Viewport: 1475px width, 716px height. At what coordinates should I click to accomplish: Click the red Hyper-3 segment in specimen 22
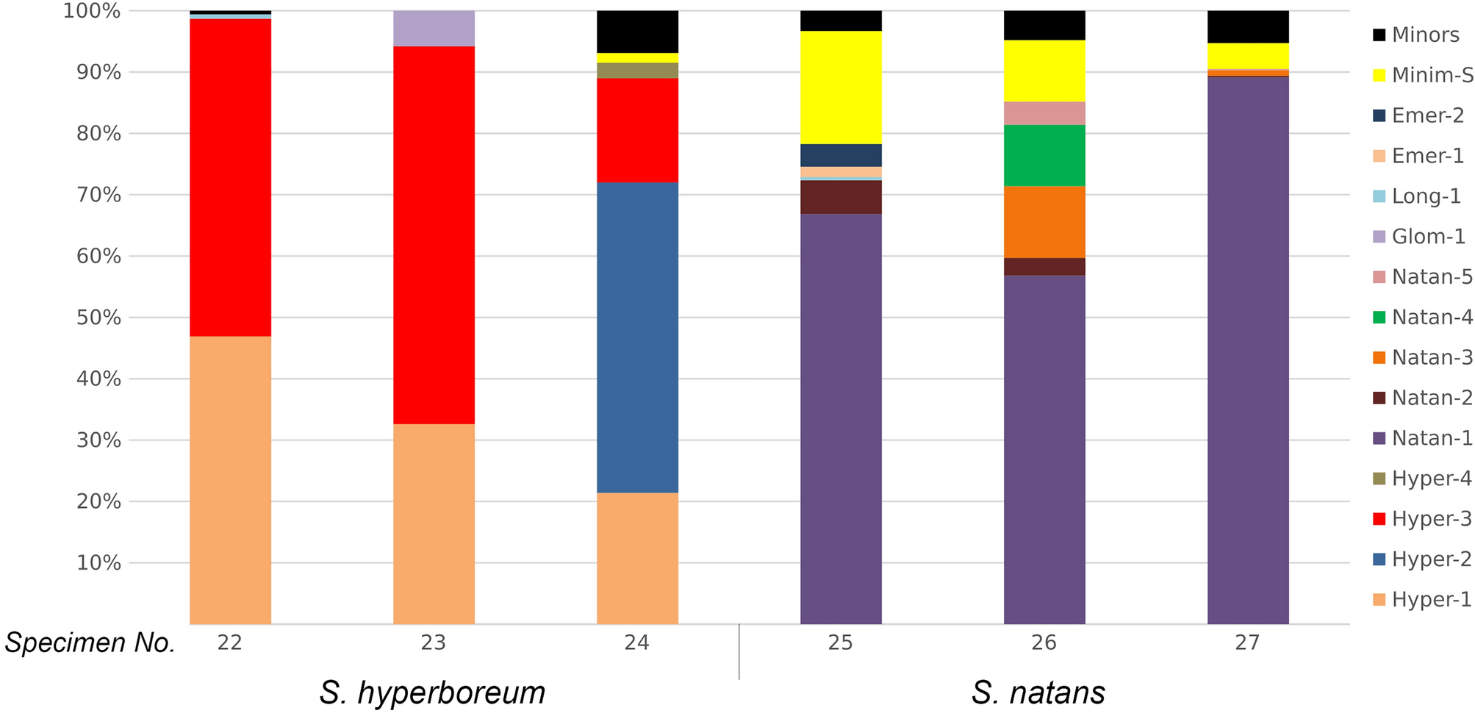230,177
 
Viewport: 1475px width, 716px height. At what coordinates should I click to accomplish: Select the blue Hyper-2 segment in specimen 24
637,337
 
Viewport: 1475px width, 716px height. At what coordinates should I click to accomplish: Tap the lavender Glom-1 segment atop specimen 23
434,29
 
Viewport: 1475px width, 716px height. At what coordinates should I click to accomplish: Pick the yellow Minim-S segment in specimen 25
841,87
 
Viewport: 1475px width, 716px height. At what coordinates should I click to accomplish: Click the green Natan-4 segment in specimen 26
1044,155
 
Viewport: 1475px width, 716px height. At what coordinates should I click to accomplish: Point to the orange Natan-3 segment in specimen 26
1044,222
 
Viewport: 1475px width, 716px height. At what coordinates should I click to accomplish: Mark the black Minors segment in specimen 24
637,32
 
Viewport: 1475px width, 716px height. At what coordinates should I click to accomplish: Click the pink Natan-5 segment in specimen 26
1044,113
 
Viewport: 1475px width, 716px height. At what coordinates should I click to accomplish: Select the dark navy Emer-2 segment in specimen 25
841,155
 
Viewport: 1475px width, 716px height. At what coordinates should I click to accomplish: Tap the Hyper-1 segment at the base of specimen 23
434,523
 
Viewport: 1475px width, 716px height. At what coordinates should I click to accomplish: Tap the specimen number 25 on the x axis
841,643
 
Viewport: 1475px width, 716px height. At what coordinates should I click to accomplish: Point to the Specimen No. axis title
90,643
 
